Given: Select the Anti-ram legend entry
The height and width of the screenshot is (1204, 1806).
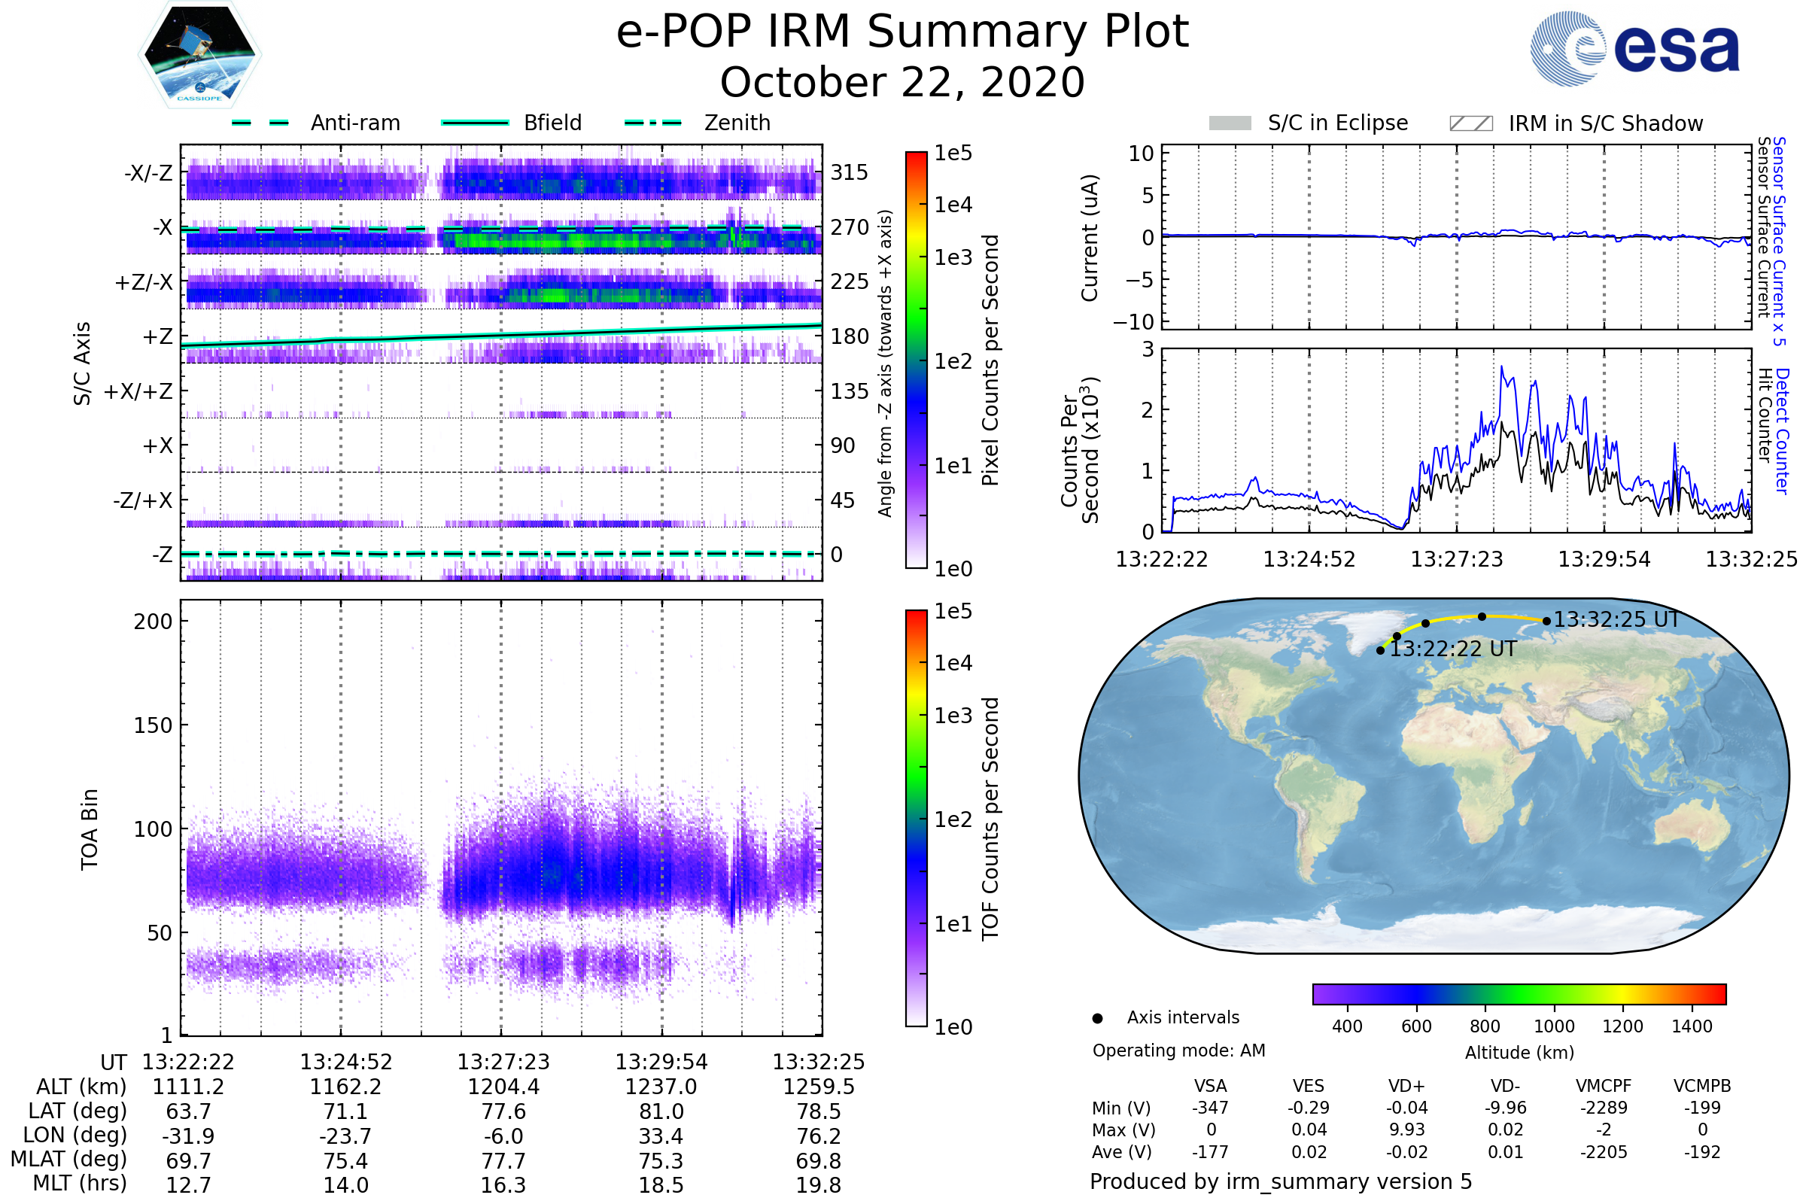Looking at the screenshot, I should [354, 123].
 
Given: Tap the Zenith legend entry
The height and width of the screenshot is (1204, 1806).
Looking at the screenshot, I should [737, 123].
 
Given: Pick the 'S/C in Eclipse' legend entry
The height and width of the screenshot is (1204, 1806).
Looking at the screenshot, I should [1337, 123].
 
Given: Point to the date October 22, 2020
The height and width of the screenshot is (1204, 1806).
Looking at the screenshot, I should [902, 82].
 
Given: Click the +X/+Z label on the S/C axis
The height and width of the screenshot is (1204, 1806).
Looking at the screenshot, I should [138, 391].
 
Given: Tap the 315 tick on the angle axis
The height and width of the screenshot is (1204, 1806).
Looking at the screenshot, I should [849, 172].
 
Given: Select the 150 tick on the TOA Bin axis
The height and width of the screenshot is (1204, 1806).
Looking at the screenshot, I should [153, 725].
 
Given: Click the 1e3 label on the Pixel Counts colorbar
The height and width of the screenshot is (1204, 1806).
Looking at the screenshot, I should [953, 257].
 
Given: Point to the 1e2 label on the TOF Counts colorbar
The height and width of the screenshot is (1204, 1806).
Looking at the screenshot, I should [953, 819].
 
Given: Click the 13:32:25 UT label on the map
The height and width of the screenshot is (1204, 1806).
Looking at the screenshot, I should [1616, 619].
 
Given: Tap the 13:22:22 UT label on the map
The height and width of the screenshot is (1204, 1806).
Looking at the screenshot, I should [1453, 649].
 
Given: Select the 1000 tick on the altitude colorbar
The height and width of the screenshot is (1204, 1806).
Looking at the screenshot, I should [1553, 1026].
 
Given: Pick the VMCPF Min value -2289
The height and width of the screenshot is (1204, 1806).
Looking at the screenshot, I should [1604, 1108].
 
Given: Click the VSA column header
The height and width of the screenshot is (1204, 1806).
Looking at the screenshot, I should [1210, 1086].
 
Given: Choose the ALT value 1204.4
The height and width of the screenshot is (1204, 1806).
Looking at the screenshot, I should [503, 1087].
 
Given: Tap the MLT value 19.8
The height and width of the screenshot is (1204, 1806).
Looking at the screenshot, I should [819, 1184].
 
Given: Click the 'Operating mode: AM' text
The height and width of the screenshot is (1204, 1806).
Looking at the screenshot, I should [1178, 1050].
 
